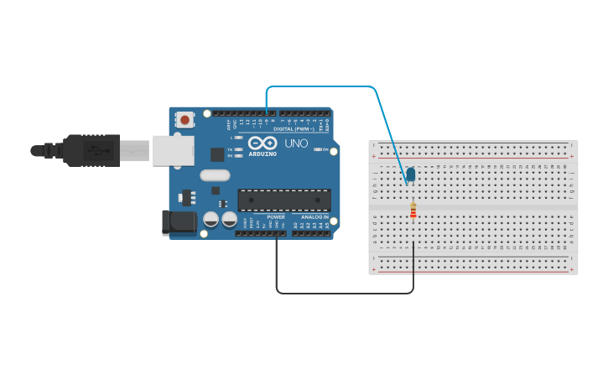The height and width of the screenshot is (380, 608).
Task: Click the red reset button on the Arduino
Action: pyautogui.click(x=184, y=120)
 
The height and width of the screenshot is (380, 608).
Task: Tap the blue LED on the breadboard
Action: pyautogui.click(x=410, y=174)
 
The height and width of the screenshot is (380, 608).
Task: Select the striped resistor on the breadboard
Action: pyautogui.click(x=413, y=211)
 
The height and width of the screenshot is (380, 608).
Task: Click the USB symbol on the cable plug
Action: pyautogui.click(x=93, y=151)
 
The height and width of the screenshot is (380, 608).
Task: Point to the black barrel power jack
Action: pyautogui.click(x=178, y=222)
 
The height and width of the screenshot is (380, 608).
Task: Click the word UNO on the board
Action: pyautogui.click(x=296, y=143)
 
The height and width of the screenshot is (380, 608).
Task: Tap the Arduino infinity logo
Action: pyautogui.click(x=262, y=143)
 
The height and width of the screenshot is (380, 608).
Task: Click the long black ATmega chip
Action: pyautogui.click(x=284, y=200)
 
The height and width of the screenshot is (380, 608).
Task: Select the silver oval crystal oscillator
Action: pyautogui.click(x=215, y=175)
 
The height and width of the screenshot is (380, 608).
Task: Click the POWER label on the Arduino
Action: pyautogui.click(x=252, y=217)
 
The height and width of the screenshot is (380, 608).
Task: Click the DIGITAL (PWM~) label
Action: pyautogui.click(x=294, y=129)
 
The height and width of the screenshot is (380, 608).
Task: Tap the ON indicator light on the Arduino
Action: pyautogui.click(x=317, y=149)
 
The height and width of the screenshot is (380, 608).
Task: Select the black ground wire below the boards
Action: pyautogui.click(x=344, y=293)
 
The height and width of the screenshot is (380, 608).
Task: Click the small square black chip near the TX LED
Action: pyautogui.click(x=217, y=154)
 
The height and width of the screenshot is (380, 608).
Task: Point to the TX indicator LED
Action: pyautogui.click(x=239, y=149)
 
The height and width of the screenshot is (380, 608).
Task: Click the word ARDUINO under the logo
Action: pyautogui.click(x=262, y=154)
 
